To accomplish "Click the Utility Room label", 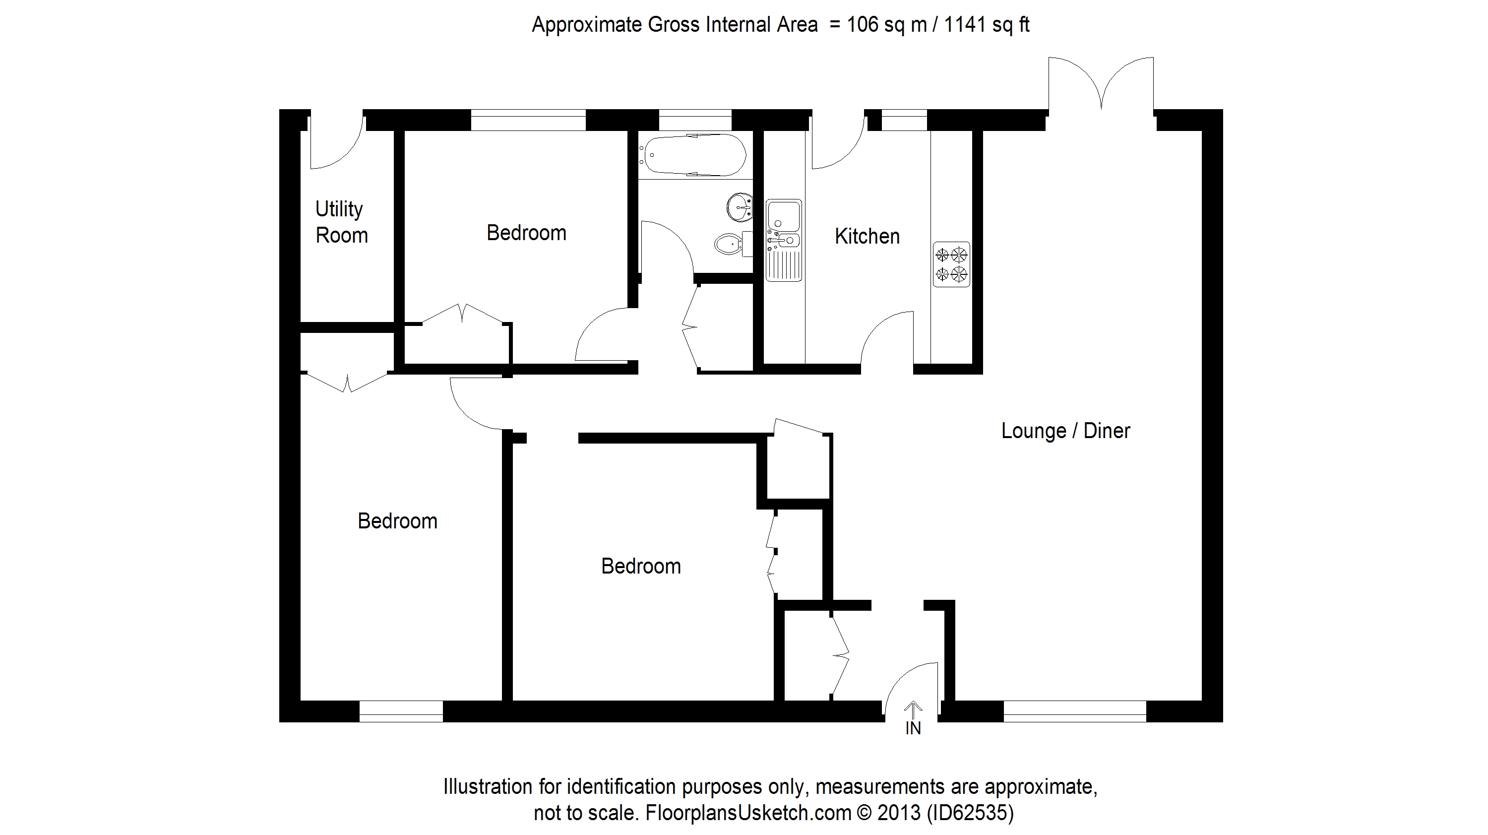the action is tap(341, 222).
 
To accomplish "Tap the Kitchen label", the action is tap(867, 236).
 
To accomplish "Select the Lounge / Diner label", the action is tap(1065, 431).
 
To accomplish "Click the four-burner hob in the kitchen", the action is tap(951, 264).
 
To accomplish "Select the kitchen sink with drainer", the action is tap(783, 241).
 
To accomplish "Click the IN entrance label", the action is tap(913, 729).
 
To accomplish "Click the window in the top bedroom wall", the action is tap(528, 120).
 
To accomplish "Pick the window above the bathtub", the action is tap(695, 120).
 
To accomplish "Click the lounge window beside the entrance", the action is tap(1074, 711).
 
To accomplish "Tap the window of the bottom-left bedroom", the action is tap(401, 711).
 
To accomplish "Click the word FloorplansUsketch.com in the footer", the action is tap(748, 813).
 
